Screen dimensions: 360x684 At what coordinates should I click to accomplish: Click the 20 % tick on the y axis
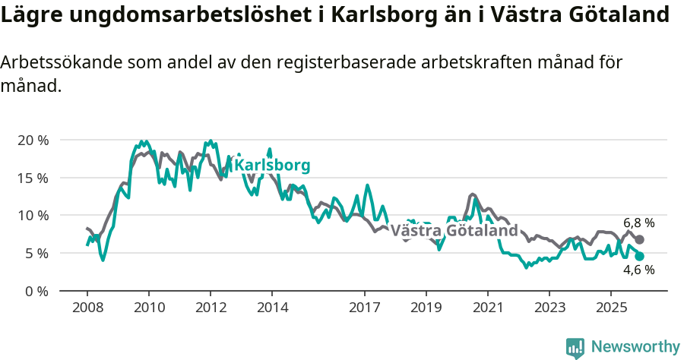32,141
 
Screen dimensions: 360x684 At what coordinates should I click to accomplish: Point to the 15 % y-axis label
32,178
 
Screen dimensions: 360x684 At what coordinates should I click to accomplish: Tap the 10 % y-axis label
32,216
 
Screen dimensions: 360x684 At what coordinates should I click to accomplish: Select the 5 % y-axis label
36,253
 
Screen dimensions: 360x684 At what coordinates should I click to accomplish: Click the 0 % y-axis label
36,291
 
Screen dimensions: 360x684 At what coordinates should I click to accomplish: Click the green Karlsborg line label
271,166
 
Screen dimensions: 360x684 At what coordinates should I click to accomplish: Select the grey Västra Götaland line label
454,230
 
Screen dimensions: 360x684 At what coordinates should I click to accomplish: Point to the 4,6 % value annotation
638,270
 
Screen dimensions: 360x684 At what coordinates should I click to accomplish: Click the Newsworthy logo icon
575,348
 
